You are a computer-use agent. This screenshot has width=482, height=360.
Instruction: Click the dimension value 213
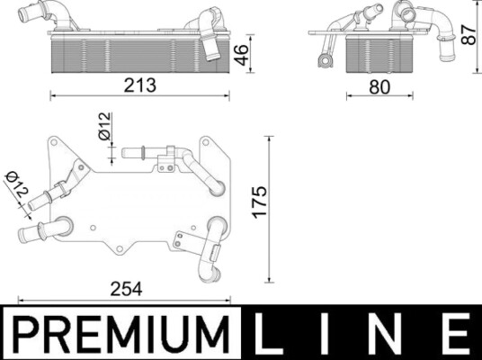[140, 85]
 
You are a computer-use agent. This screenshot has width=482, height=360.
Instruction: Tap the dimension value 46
[241, 55]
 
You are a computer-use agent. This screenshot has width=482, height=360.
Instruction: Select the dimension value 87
[469, 35]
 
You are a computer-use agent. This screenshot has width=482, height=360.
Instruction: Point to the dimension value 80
[379, 87]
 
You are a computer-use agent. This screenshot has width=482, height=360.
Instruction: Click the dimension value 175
[260, 202]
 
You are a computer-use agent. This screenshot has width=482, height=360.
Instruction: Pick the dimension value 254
[126, 289]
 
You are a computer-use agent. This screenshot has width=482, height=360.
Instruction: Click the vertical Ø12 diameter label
[104, 126]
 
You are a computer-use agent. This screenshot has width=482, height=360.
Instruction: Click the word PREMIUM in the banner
[122, 334]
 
